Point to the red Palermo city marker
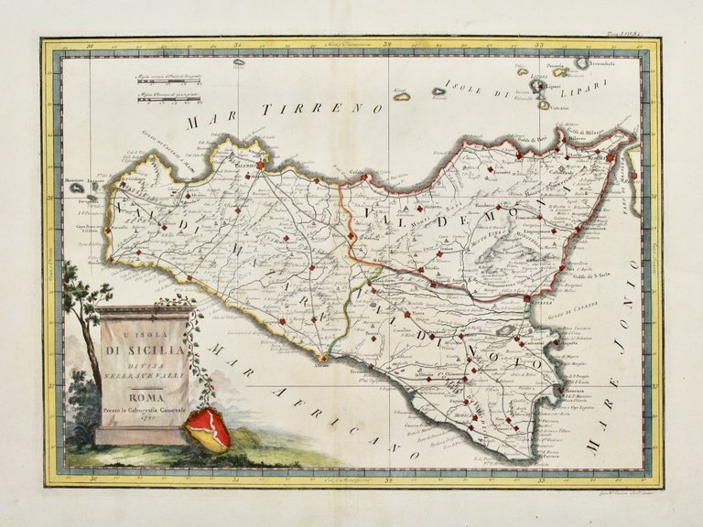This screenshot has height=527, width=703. click(261, 167)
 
